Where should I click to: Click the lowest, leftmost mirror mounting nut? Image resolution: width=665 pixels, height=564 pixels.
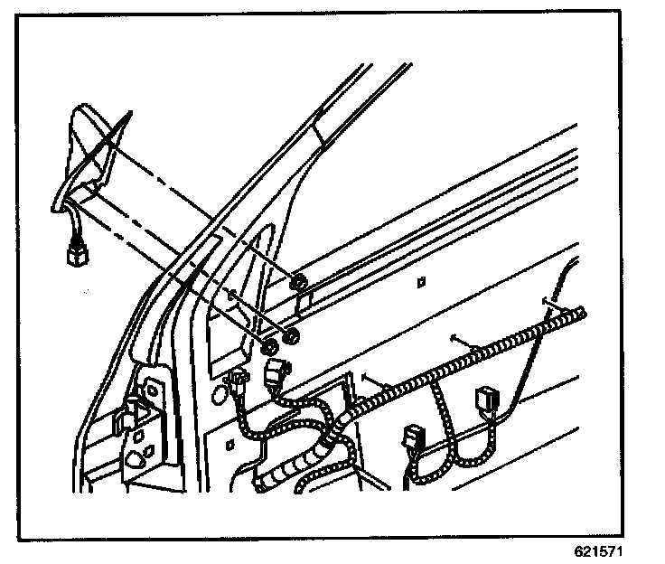(x=268, y=347)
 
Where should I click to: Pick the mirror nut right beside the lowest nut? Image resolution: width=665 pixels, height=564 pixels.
(x=291, y=339)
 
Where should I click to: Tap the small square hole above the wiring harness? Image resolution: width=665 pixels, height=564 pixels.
(x=422, y=284)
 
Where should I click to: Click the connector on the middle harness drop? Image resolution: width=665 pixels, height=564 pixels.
(x=416, y=439)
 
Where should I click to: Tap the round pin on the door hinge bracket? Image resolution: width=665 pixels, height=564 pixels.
(x=133, y=398)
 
